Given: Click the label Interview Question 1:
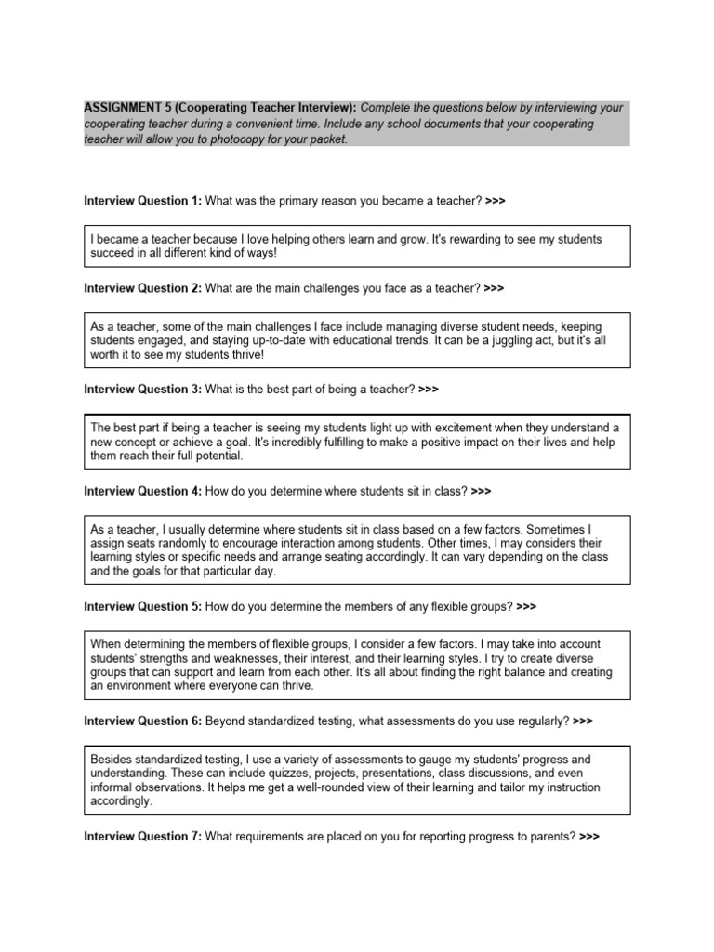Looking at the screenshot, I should point(142,201).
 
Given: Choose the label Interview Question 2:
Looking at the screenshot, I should point(142,288).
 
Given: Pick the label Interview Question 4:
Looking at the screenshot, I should point(142,491).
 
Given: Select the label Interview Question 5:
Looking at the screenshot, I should point(142,606).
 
